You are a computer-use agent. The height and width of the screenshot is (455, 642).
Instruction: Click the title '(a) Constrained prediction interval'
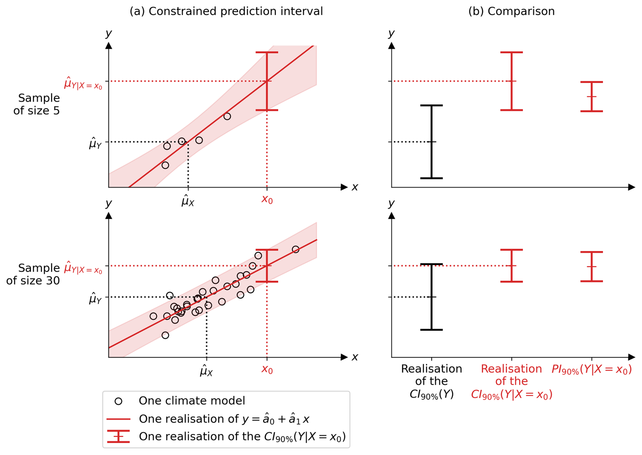point(226,11)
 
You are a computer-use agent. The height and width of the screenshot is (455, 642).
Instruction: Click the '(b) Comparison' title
point(511,11)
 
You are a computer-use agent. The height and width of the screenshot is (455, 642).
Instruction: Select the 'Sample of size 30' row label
point(33,274)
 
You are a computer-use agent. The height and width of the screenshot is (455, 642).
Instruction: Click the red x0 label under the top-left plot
point(267,200)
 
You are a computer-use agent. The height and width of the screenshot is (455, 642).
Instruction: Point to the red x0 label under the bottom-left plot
point(267,369)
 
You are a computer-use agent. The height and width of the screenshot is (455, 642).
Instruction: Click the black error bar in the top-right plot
point(431,142)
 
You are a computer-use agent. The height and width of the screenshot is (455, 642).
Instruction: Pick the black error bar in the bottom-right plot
point(431,297)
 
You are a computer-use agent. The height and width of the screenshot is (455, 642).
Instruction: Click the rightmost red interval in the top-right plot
point(591,97)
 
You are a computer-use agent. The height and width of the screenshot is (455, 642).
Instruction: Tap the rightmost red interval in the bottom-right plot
point(591,267)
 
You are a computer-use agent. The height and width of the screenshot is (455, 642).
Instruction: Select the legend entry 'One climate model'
point(192,401)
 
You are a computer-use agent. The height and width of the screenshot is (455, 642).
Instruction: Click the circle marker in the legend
point(118,401)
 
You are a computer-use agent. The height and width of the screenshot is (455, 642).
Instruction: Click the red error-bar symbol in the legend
point(118,436)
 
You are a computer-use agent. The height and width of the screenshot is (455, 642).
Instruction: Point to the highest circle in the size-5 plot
point(227,116)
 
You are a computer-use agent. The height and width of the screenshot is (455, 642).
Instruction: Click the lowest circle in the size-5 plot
point(165,165)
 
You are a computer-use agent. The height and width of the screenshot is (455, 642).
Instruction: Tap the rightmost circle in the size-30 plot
point(296,249)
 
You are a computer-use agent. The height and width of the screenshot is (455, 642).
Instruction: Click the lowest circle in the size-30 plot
point(165,335)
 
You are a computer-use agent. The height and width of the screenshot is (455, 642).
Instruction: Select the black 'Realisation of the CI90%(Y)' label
point(431,381)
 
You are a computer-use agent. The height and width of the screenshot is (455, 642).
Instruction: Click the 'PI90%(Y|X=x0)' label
point(591,369)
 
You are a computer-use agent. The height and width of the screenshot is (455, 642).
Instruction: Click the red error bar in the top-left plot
point(267,81)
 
